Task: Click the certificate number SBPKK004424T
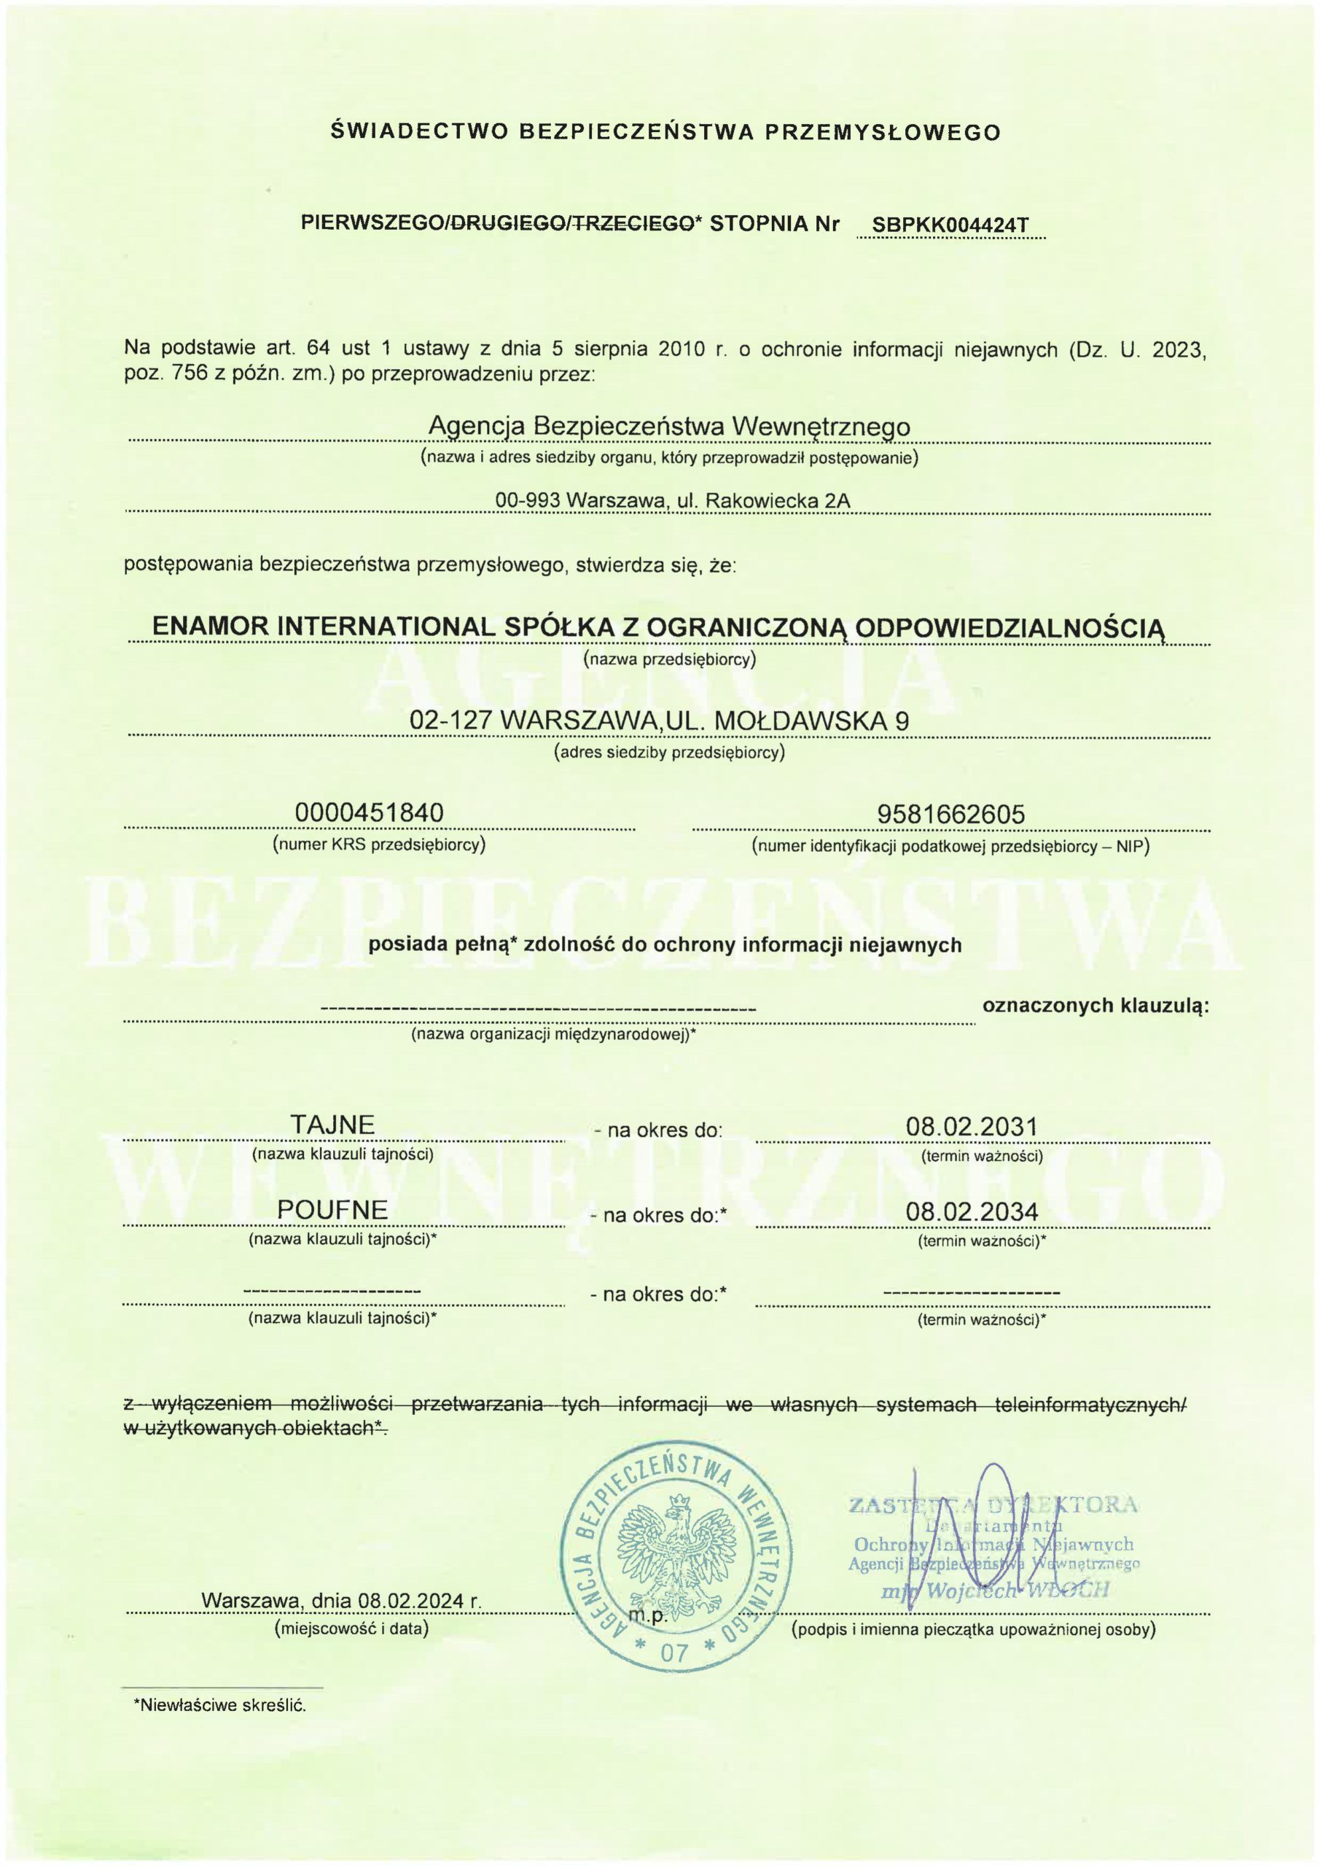(949, 225)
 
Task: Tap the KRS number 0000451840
(370, 812)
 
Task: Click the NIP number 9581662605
(951, 814)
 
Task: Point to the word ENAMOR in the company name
(211, 627)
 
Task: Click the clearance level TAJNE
(332, 1125)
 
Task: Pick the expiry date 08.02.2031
(972, 1127)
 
